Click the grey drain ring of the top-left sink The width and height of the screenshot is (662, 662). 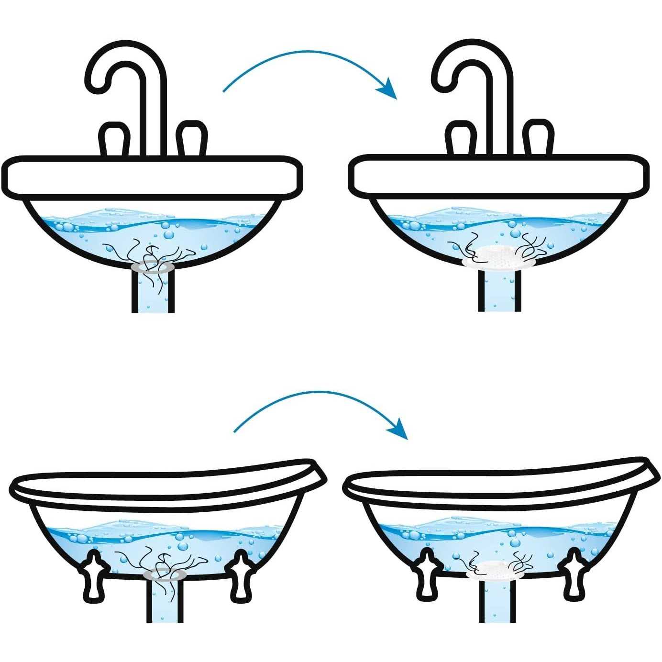click(153, 266)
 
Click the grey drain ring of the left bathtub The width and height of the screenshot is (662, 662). click(165, 574)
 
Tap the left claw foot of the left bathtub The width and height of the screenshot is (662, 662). click(94, 576)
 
